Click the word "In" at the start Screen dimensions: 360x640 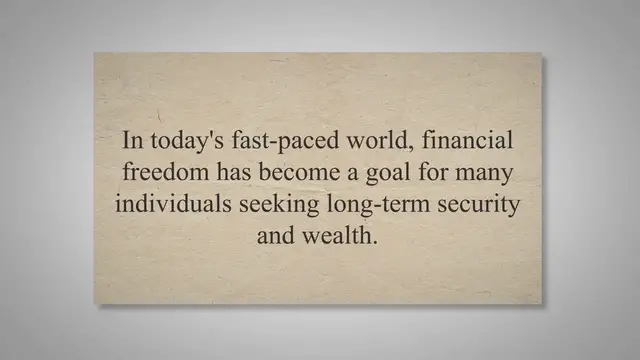point(133,140)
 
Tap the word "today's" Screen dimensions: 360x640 point(181,140)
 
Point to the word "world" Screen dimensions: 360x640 point(357,140)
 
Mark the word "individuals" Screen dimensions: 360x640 point(172,204)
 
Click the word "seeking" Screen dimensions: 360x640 point(275,205)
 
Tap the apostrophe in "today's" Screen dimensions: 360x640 point(198,133)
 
